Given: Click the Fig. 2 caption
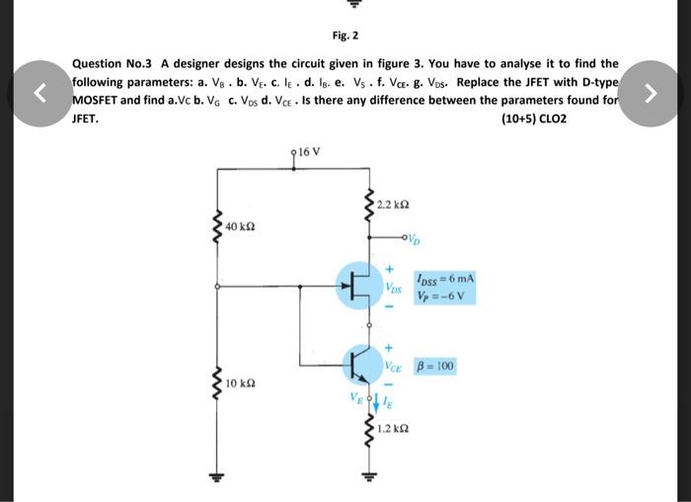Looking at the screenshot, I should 345,36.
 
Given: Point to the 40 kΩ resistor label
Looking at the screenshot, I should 242,229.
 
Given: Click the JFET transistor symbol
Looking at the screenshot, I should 359,287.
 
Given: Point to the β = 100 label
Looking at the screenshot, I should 435,366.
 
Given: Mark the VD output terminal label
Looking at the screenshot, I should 416,237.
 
